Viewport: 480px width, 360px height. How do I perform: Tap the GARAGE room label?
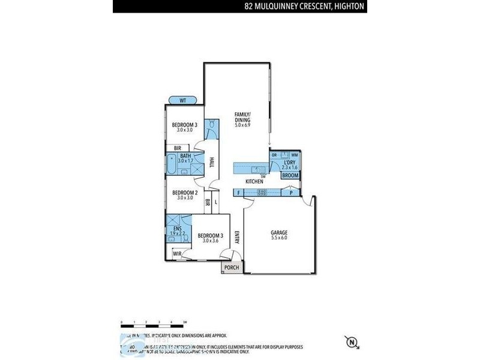click(x=279, y=232)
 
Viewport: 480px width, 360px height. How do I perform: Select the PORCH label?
click(x=231, y=268)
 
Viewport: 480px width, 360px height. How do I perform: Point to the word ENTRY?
click(x=237, y=238)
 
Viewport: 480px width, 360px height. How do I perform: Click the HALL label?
click(x=211, y=163)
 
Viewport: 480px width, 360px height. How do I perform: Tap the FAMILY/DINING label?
click(x=242, y=117)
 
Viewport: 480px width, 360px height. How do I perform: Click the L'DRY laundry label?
click(x=289, y=161)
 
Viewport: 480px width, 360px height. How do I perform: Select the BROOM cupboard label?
click(x=290, y=175)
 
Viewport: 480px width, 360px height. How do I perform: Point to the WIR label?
click(x=177, y=254)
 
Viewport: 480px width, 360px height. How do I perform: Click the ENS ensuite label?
click(x=177, y=229)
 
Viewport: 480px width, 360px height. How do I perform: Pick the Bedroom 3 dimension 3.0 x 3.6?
click(x=210, y=241)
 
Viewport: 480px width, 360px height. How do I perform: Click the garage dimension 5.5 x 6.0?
click(x=279, y=238)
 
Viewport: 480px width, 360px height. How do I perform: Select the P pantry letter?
click(x=291, y=193)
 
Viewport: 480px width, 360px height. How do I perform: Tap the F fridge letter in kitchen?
click(x=239, y=193)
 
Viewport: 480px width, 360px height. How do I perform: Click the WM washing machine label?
click(x=294, y=155)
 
